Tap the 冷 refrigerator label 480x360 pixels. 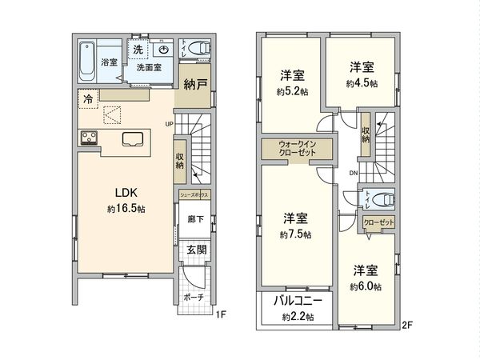[x=85, y=98]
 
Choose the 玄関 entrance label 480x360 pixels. [x=197, y=250]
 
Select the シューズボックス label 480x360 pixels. [x=195, y=194]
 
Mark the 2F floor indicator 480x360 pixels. [x=406, y=326]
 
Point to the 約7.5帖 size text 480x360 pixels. [x=295, y=235]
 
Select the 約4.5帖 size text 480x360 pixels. [x=362, y=82]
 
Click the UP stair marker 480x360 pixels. [x=169, y=124]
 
